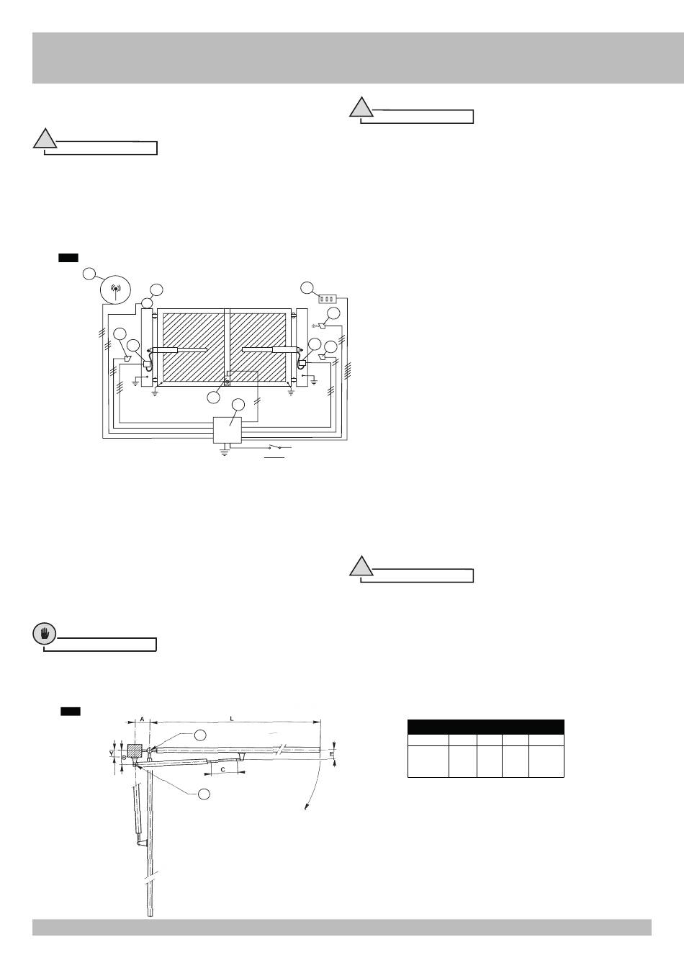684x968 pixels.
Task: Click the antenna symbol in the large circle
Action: point(115,292)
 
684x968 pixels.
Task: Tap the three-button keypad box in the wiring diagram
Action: point(328,297)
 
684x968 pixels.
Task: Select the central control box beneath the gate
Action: point(228,430)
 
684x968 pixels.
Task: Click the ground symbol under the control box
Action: point(225,454)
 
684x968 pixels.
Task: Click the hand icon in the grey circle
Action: point(44,634)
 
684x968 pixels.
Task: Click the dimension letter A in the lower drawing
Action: point(142,719)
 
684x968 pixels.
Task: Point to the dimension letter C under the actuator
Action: point(222,770)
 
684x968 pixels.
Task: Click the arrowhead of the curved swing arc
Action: point(305,808)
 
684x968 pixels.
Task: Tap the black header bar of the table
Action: point(485,726)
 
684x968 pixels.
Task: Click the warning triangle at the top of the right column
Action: point(361,108)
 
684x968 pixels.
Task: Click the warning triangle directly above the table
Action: point(361,567)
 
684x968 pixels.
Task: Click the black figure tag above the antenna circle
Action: point(68,257)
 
